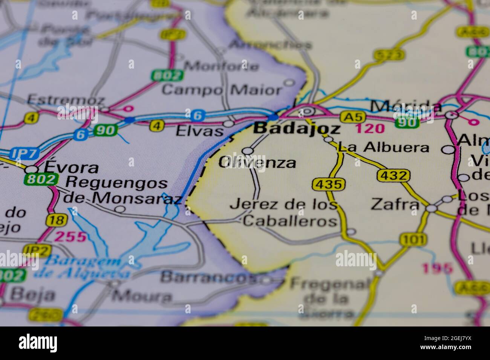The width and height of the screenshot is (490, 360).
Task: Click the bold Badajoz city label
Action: pos(297,129)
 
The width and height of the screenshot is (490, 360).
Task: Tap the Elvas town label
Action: pos(199,131)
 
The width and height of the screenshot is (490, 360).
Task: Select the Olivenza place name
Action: pos(257,163)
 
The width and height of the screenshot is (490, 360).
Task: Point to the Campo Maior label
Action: pos(222,90)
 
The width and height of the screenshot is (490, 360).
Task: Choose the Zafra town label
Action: pos(395,204)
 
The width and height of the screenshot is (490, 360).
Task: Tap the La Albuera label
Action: pos(383,147)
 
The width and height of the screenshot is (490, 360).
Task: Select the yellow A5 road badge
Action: pos(350,117)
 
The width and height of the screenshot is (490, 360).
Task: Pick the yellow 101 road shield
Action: pos(413,239)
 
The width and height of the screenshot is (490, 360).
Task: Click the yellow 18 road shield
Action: pos(57,220)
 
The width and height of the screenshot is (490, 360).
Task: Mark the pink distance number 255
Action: pos(70,237)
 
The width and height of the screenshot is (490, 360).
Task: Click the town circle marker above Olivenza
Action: pos(248,151)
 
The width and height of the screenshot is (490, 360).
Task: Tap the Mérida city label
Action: pos(406,106)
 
